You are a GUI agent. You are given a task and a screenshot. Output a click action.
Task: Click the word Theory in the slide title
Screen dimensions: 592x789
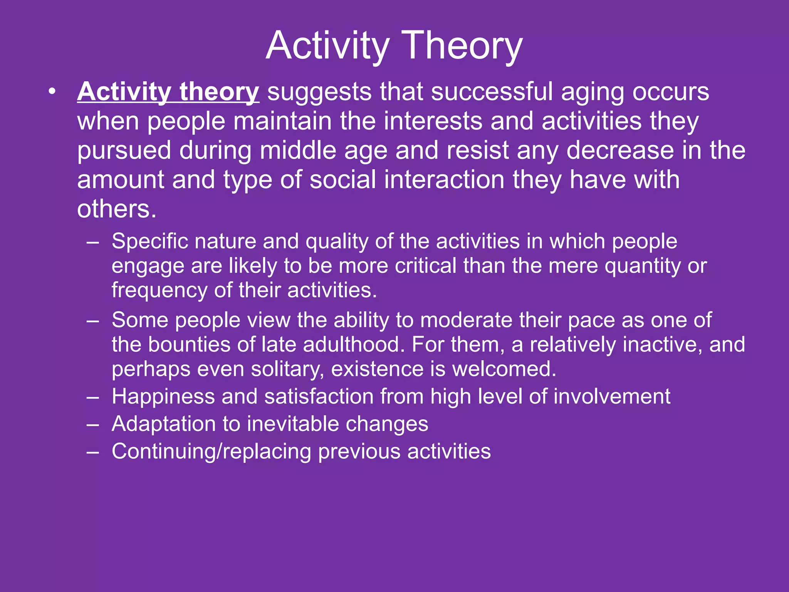tap(462, 45)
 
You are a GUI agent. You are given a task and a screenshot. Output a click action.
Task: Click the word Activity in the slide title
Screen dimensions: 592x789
tap(327, 45)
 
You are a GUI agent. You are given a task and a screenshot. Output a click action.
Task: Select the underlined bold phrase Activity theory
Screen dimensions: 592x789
tap(168, 92)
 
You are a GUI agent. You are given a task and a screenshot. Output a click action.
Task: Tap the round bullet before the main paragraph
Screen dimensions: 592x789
tap(52, 92)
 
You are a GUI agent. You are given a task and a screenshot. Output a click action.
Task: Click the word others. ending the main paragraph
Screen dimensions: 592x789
tap(117, 209)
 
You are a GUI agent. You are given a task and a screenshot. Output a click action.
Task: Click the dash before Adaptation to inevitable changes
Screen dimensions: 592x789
tap(93, 424)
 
